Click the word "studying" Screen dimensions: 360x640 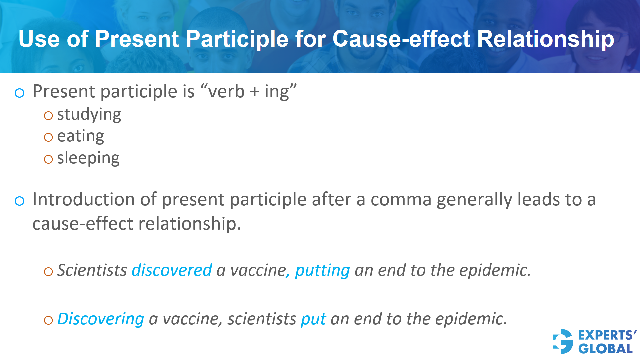(89, 115)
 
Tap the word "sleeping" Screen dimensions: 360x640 (88, 158)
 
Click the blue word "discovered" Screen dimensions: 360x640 (172, 270)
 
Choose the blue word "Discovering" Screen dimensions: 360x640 (101, 319)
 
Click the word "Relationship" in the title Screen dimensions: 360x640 (545, 39)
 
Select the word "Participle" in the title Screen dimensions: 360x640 (237, 39)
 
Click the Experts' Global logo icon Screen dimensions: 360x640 (563, 341)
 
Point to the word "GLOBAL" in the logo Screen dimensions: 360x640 (605, 349)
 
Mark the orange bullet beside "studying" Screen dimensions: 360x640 (48, 116)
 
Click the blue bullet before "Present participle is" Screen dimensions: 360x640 (20, 93)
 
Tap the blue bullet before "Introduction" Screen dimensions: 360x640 (20, 201)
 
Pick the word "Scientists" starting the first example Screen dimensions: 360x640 (92, 270)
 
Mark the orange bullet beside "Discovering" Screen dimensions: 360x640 (48, 320)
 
